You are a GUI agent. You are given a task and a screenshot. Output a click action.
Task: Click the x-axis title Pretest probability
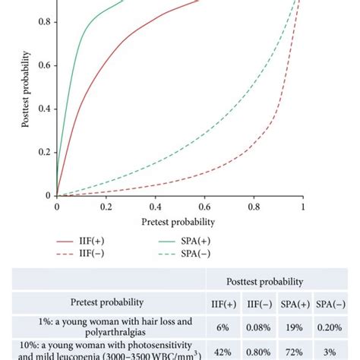pos(178,223)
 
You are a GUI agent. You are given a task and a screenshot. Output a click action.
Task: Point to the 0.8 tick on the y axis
pos(47,21)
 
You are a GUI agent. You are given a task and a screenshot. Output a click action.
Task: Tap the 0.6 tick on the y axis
pos(47,65)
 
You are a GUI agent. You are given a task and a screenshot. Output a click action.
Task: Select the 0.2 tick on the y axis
pos(47,152)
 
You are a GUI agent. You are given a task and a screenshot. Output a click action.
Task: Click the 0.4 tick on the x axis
pos(155,206)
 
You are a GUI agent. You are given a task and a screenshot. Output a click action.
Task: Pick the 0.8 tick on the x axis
pos(254,206)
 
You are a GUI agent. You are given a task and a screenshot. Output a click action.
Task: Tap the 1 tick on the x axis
pos(302,206)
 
